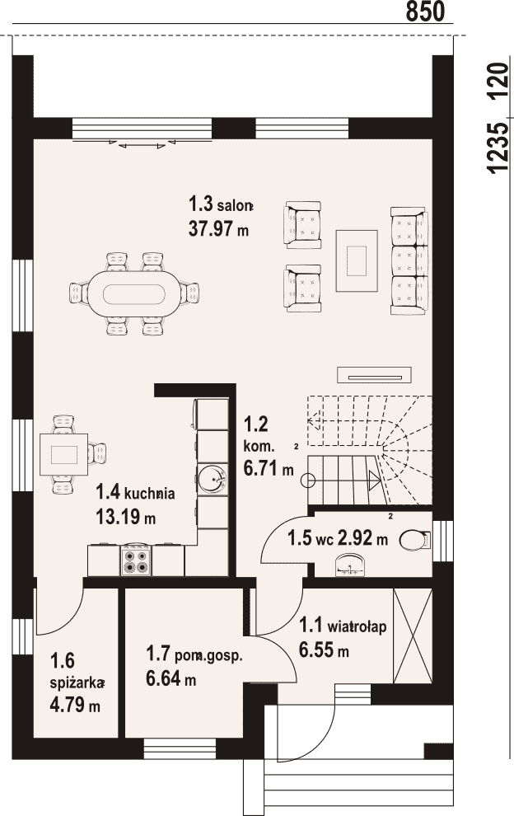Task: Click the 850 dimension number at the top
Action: (x=425, y=12)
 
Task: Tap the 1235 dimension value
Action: (x=497, y=148)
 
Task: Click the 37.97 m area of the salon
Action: (x=218, y=228)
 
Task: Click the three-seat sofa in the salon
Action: (x=409, y=260)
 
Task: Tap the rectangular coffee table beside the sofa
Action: (x=357, y=260)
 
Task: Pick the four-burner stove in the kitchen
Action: (x=136, y=560)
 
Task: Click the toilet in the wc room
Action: (x=415, y=540)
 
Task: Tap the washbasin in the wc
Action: (x=351, y=565)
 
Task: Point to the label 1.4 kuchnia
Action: (x=135, y=492)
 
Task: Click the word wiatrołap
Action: (x=357, y=627)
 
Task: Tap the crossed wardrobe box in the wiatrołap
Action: (x=413, y=636)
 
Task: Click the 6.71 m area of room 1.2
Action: (x=269, y=469)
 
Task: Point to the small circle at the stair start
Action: (x=307, y=481)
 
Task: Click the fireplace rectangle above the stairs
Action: (x=375, y=374)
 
